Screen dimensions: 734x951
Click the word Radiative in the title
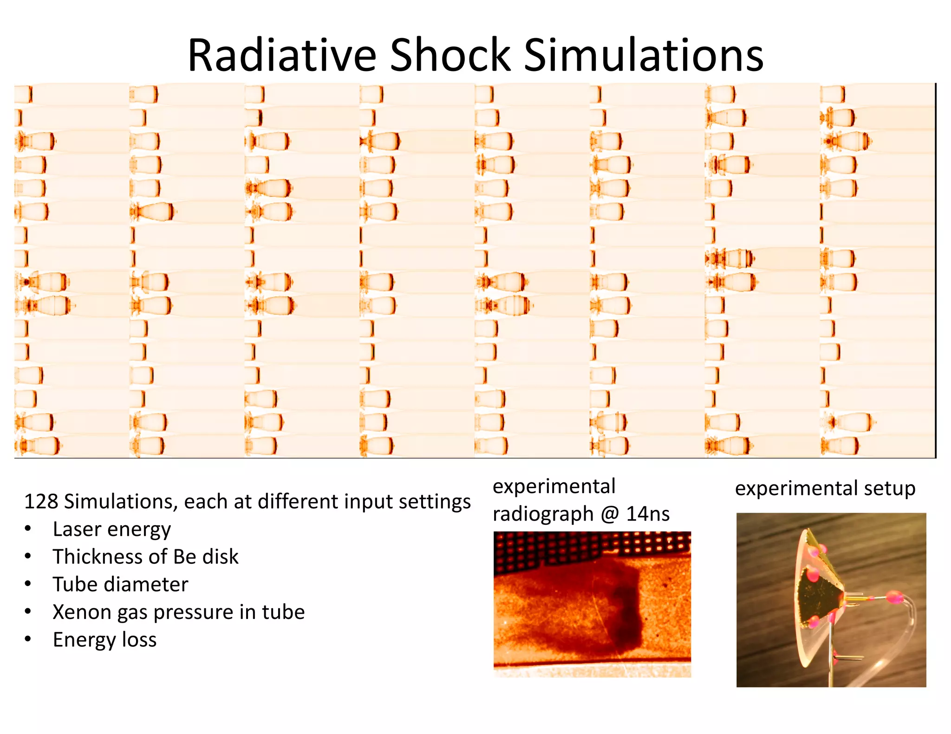281,55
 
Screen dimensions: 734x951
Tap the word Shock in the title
450,55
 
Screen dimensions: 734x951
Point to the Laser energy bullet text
111,529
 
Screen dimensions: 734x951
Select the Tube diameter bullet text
120,584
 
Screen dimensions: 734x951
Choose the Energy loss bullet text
104,639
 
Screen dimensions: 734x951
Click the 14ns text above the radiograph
648,514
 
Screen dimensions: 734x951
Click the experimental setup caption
825,489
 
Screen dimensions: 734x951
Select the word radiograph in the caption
543,514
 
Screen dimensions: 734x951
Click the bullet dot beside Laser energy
28,529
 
